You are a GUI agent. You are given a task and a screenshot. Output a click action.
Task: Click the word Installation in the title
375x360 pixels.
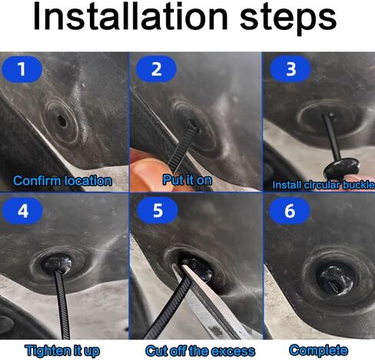pyautogui.click(x=131, y=16)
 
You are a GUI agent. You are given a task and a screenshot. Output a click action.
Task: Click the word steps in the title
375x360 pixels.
pyautogui.click(x=288, y=18)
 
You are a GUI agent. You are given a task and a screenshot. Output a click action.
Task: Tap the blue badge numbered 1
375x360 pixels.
pyautogui.click(x=22, y=69)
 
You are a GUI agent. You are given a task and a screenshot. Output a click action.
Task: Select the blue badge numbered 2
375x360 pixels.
pyautogui.click(x=156, y=69)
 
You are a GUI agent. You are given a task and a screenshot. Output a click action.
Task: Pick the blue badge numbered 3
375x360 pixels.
pyautogui.click(x=290, y=69)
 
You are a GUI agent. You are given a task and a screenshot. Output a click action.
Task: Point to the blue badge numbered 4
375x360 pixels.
pyautogui.click(x=22, y=211)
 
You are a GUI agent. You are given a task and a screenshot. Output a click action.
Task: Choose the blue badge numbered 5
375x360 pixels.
pyautogui.click(x=158, y=211)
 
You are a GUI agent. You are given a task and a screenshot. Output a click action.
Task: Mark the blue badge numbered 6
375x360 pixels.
pyautogui.click(x=290, y=211)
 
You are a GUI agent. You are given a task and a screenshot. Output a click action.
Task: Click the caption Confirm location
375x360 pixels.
pyautogui.click(x=62, y=181)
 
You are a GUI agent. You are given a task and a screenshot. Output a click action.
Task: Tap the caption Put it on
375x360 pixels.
pyautogui.click(x=187, y=180)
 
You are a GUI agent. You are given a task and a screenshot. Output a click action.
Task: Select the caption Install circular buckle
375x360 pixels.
pyautogui.click(x=324, y=185)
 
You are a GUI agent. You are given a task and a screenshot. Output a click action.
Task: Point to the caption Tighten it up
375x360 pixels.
pyautogui.click(x=62, y=351)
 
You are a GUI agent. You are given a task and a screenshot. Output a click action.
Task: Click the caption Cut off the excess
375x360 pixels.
pyautogui.click(x=200, y=351)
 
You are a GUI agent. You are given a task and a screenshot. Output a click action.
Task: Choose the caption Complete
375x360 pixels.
pyautogui.click(x=318, y=350)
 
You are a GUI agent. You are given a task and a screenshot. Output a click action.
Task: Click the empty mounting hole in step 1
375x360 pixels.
pyautogui.click(x=61, y=121)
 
